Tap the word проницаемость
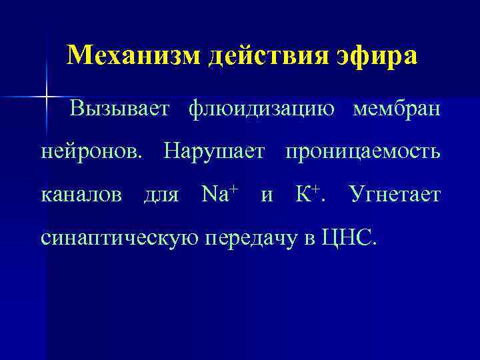(362, 152)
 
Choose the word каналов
(82, 195)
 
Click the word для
(161, 195)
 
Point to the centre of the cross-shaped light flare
(47, 98)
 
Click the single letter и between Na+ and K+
(267, 195)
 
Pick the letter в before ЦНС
(311, 238)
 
